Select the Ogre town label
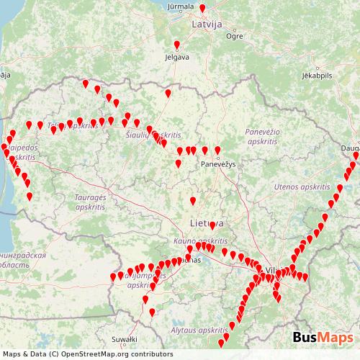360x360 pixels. pyautogui.click(x=234, y=35)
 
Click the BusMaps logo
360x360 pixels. pyautogui.click(x=323, y=338)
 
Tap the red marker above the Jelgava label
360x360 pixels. pyautogui.click(x=177, y=45)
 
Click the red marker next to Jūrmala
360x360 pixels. pyautogui.click(x=202, y=9)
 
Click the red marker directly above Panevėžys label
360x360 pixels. pyautogui.click(x=217, y=150)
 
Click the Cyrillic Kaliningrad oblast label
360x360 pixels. pyautogui.click(x=22, y=260)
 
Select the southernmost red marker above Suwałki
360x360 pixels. pyautogui.click(x=152, y=312)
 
